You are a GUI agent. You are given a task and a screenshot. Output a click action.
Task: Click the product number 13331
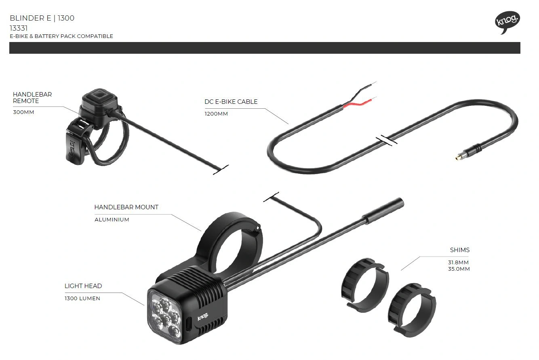click(19, 28)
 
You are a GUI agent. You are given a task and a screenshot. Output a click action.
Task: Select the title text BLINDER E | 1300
click(42, 18)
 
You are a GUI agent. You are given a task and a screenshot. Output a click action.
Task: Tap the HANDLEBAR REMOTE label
click(32, 97)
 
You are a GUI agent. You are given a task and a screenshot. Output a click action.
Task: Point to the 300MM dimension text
click(23, 112)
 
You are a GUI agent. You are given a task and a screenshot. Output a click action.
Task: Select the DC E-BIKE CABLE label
click(231, 102)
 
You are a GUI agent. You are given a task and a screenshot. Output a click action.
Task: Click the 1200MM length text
click(216, 114)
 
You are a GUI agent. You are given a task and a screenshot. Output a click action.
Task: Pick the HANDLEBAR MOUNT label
click(126, 207)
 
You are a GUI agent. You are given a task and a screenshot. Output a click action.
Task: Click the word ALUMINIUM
click(112, 220)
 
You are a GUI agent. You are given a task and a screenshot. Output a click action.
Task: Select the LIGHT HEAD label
click(83, 286)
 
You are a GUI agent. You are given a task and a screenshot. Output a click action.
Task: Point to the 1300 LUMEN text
click(82, 299)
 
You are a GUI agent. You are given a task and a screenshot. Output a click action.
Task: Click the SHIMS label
click(460, 250)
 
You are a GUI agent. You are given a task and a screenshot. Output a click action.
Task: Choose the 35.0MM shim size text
click(459, 269)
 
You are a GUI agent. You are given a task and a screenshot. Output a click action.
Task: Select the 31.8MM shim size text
click(459, 263)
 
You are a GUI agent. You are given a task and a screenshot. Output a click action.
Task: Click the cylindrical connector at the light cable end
click(383, 210)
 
